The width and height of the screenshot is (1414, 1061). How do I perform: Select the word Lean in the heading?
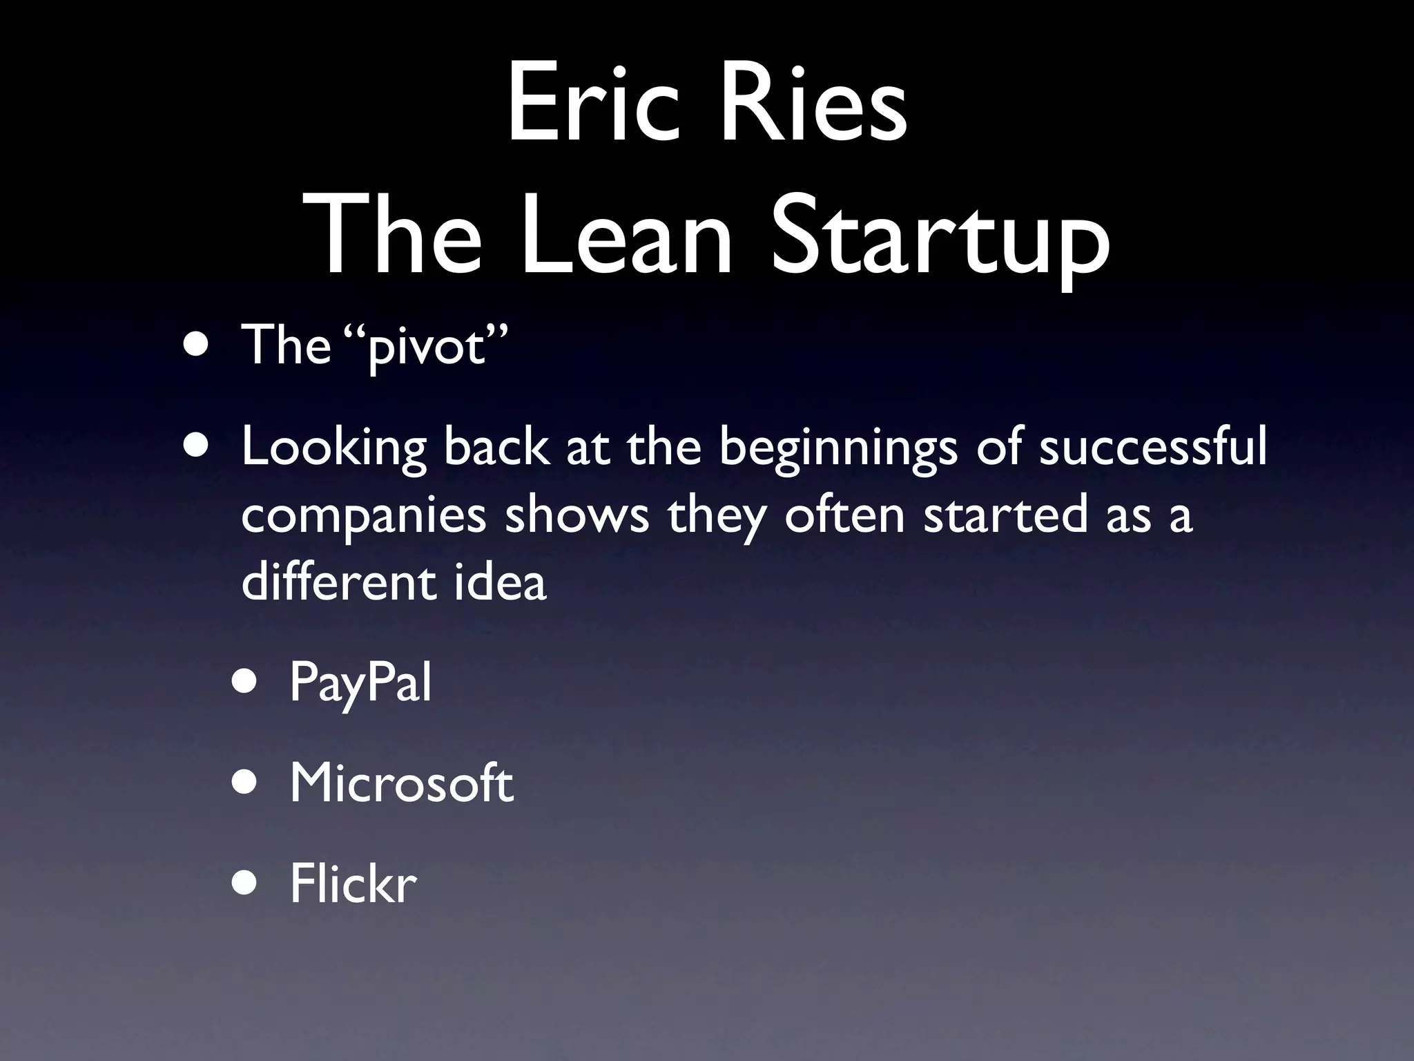point(625,235)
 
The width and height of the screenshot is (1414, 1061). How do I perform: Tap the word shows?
point(577,515)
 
